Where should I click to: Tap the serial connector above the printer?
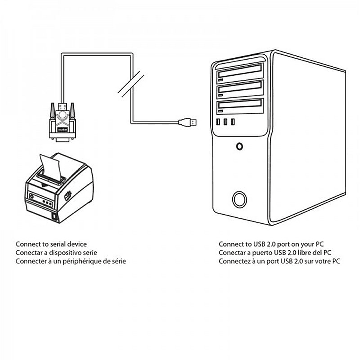(x=62, y=121)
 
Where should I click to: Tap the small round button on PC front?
(x=240, y=147)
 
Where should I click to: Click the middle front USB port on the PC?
(x=226, y=122)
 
